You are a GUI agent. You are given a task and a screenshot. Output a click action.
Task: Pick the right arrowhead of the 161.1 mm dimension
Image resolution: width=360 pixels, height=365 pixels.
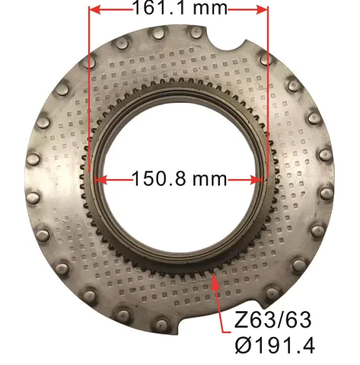point(263,10)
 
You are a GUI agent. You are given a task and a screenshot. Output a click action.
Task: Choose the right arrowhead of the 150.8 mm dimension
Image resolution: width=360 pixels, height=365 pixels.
point(257,179)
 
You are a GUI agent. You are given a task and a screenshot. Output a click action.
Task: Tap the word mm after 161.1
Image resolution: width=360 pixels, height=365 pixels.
point(208,9)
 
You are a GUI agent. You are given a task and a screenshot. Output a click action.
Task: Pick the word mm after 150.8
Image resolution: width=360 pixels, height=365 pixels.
point(208,179)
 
